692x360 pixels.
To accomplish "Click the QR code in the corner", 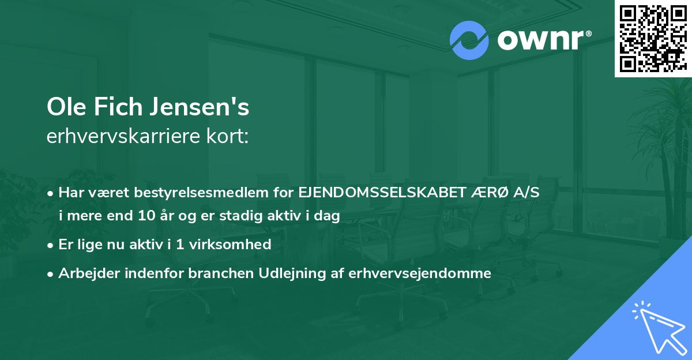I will [x=653, y=38].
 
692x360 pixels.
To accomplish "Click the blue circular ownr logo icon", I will [x=469, y=40].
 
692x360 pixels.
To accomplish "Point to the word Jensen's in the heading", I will [x=200, y=108].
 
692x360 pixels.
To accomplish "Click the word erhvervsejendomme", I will [x=420, y=273].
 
